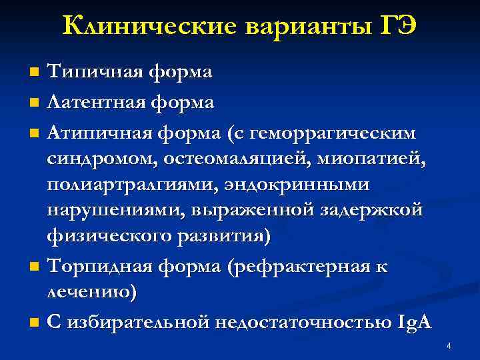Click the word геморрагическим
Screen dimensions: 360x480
point(338,133)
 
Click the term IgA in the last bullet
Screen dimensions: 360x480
point(415,323)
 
